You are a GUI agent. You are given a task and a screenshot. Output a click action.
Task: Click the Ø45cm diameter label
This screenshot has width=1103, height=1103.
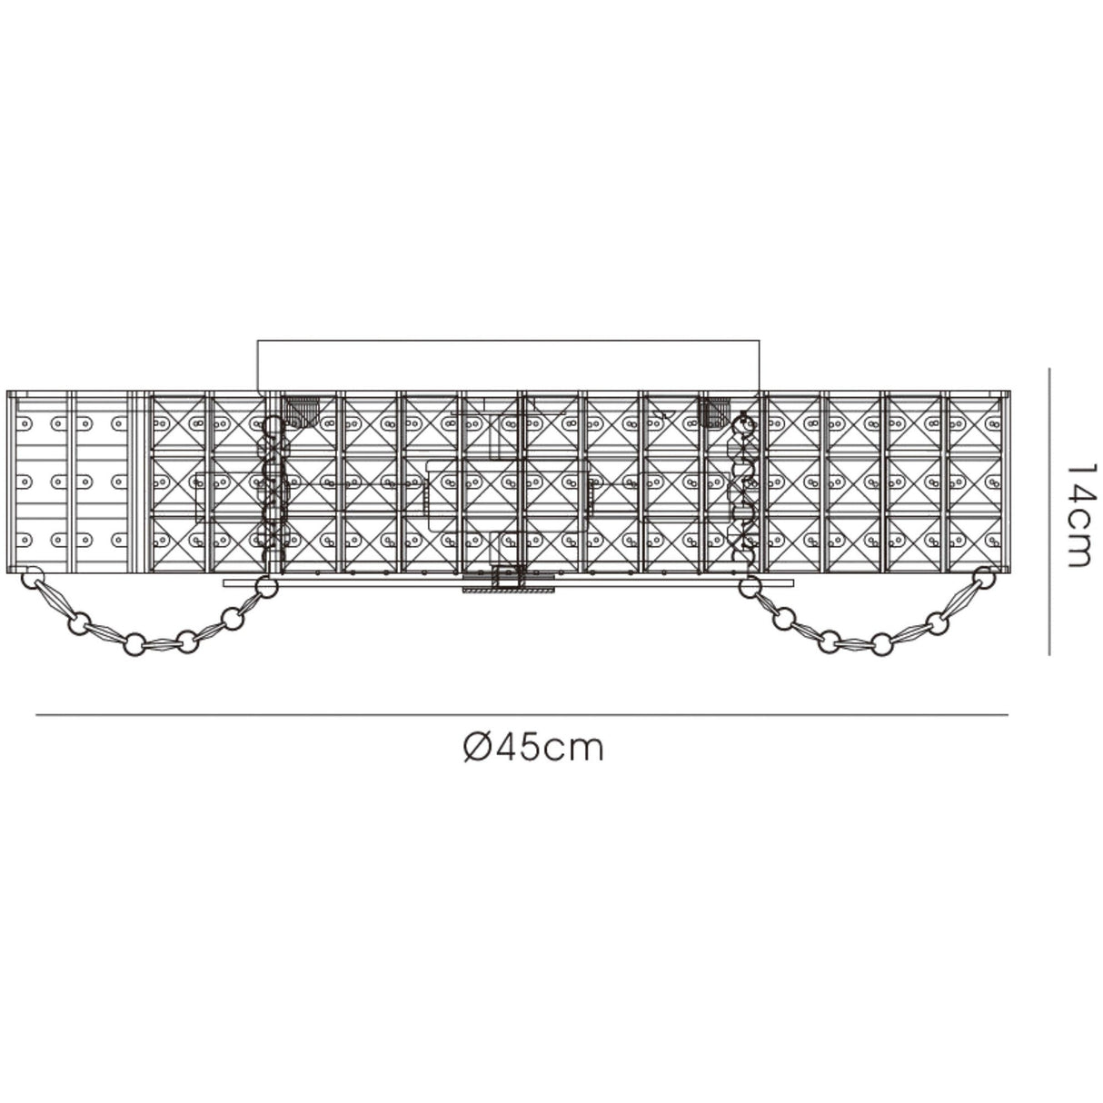(x=532, y=748)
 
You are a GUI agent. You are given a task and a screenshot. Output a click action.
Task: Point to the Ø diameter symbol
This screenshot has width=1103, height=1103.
(x=476, y=748)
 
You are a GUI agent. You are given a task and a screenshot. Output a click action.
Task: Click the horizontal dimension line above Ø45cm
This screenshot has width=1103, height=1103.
(x=522, y=716)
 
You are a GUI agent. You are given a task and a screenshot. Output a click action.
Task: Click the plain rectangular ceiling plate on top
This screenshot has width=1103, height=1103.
(x=508, y=364)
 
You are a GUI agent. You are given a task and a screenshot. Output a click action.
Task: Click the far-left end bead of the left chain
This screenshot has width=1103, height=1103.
(x=34, y=576)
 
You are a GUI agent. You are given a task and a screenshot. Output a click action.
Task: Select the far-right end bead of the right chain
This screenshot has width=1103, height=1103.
(x=983, y=576)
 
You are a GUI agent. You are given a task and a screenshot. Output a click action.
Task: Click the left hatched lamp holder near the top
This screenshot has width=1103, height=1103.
(x=301, y=411)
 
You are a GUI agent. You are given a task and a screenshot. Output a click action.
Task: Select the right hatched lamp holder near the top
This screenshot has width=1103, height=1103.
(x=718, y=411)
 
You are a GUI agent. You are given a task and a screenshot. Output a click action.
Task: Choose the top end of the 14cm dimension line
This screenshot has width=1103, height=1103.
(x=1050, y=369)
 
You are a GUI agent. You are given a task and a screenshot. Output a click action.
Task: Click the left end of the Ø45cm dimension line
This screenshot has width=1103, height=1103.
(x=37, y=716)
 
